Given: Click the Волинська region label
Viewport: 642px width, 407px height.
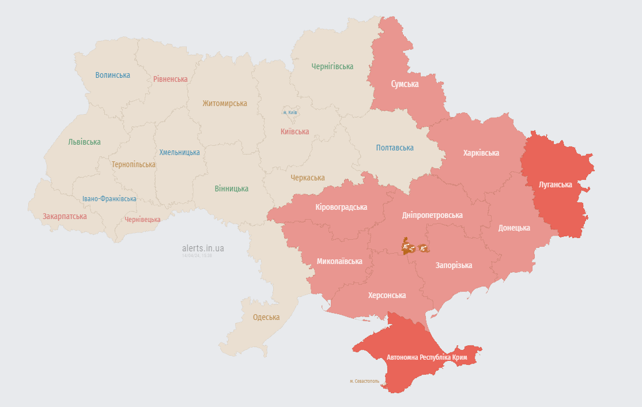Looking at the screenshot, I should (x=112, y=75).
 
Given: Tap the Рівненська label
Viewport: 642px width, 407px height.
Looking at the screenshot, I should (x=170, y=79).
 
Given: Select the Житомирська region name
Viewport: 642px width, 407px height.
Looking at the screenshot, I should (x=224, y=104).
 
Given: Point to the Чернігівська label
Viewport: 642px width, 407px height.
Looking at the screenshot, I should (x=332, y=66).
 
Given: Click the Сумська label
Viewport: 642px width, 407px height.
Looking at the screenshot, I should (x=405, y=84).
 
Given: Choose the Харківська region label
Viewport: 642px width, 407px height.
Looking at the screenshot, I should (x=481, y=153).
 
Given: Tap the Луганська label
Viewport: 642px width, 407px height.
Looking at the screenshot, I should (x=555, y=184).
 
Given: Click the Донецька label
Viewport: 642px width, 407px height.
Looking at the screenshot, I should (x=513, y=228).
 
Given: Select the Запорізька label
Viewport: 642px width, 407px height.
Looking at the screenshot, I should (x=454, y=265).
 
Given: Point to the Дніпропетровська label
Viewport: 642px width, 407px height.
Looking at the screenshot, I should (x=432, y=215).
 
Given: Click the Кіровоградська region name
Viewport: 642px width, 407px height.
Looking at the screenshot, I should (x=341, y=207).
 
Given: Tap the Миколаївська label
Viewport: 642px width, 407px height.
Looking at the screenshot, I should (x=339, y=261).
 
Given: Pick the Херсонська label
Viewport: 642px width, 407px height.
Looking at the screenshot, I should (x=387, y=295).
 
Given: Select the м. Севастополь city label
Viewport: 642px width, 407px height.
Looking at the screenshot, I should (x=364, y=381).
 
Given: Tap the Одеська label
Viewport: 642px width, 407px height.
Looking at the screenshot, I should (x=266, y=317).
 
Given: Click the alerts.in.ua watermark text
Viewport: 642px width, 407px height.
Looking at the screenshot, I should (x=203, y=248).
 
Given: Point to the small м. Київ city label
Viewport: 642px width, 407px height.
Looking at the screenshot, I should (x=289, y=112).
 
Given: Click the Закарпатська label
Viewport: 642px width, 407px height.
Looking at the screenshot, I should (x=65, y=216).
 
